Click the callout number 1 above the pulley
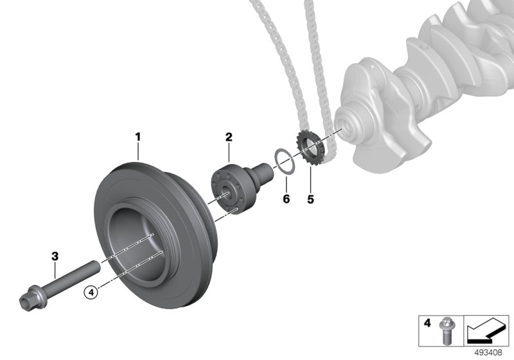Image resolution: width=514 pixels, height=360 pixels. (x=138, y=137)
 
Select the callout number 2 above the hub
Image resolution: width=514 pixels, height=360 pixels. (x=229, y=137)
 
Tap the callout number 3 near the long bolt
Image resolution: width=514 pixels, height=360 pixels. (x=55, y=256)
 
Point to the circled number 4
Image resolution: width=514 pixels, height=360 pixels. (x=91, y=292)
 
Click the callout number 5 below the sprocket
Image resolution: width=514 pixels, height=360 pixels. (x=310, y=199)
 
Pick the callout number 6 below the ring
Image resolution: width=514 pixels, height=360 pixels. (x=286, y=199)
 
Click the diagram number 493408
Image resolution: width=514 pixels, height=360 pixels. (x=488, y=353)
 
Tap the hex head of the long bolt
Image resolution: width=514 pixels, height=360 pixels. (x=31, y=298)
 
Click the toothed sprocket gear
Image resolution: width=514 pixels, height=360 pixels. (x=310, y=147)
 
